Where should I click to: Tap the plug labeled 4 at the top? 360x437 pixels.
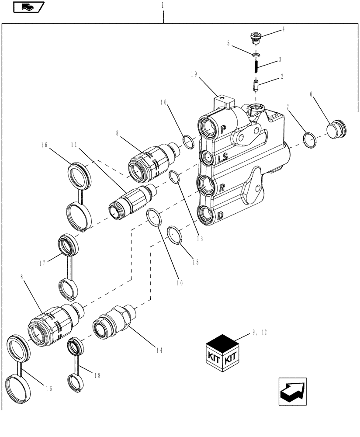[255, 37]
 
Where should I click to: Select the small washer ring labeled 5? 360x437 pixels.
[256, 55]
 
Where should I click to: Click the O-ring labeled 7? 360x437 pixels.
[310, 139]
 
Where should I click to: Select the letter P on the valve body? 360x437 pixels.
[224, 129]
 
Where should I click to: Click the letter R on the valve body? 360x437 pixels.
[222, 187]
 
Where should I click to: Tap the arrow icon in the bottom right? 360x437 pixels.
[292, 391]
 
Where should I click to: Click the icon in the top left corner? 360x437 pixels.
[29, 7]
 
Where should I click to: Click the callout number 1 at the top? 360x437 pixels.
[163, 5]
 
